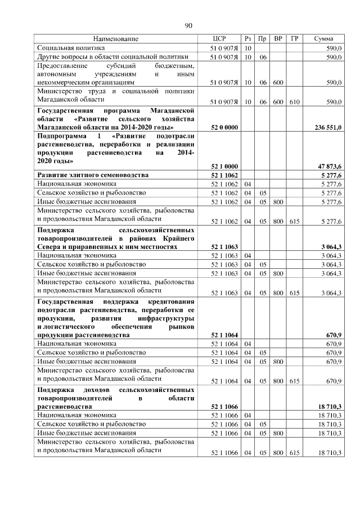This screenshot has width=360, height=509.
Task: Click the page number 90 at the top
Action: click(x=188, y=25)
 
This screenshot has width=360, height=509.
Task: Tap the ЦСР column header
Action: click(x=220, y=39)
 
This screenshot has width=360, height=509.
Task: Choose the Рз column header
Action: click(x=248, y=39)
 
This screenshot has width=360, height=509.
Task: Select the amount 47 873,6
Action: click(x=330, y=166)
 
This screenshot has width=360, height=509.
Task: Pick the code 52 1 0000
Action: click(x=224, y=166)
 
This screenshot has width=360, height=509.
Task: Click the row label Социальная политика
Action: click(x=69, y=48)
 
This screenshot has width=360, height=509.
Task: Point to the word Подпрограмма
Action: click(x=61, y=137)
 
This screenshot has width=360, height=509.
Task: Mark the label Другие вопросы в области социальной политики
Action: click(x=112, y=57)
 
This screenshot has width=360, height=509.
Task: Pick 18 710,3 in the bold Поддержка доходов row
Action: click(x=330, y=406)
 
